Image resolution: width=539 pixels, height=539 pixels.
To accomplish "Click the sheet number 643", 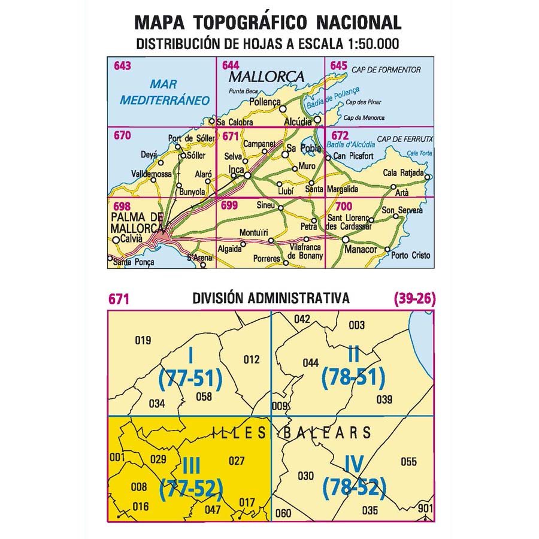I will click(122, 66).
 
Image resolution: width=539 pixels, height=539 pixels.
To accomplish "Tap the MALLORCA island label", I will click(267, 77).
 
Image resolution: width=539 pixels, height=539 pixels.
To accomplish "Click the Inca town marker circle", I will click(247, 175).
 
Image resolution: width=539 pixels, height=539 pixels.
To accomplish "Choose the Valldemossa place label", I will click(150, 174).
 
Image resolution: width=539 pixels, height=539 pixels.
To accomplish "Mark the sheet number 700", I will click(338, 207).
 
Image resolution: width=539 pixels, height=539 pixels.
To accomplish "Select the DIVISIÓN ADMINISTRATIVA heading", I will click(271, 298).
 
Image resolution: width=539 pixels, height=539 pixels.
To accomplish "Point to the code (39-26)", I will click(414, 298).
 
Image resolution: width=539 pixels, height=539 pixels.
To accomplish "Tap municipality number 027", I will click(237, 461).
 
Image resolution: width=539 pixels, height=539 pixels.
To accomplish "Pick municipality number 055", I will click(408, 461).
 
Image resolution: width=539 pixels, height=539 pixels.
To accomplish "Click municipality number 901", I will click(425, 508).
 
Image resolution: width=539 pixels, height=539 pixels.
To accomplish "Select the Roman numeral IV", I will click(354, 463).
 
